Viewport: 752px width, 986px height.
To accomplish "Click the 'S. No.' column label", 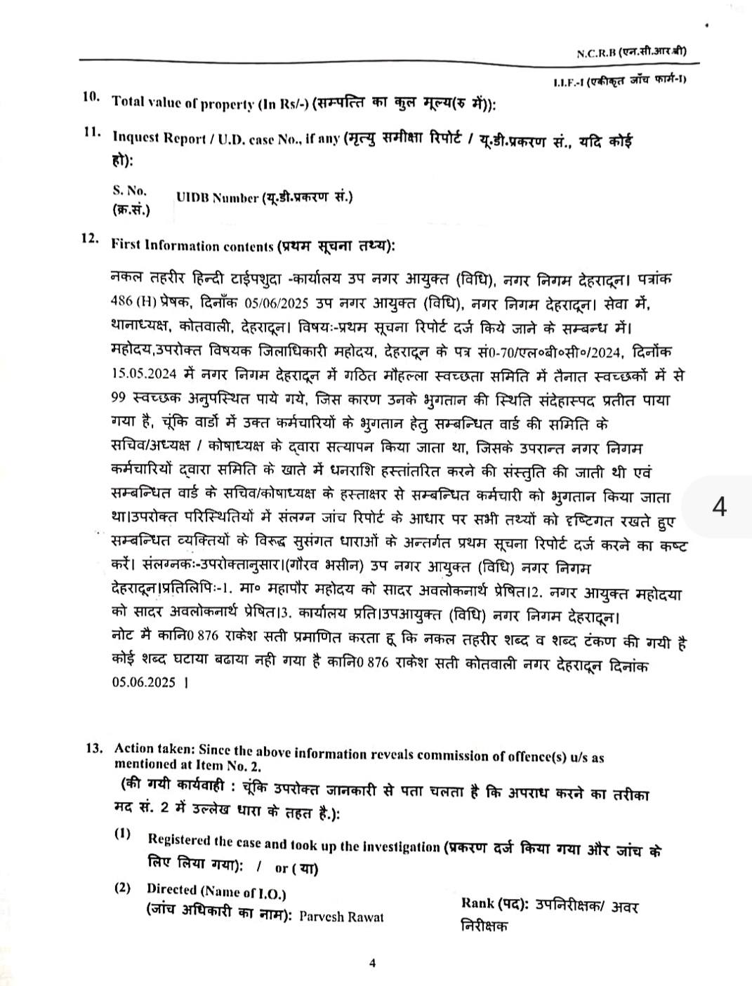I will (x=129, y=190).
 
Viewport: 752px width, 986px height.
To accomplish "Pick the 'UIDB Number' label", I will (x=217, y=199).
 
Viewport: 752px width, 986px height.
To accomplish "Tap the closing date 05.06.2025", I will (x=143, y=681).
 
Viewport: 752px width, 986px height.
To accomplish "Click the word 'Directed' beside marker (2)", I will (x=171, y=890).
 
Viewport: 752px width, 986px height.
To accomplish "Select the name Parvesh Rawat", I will (x=341, y=918).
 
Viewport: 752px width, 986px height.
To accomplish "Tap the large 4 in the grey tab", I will (x=718, y=507).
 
